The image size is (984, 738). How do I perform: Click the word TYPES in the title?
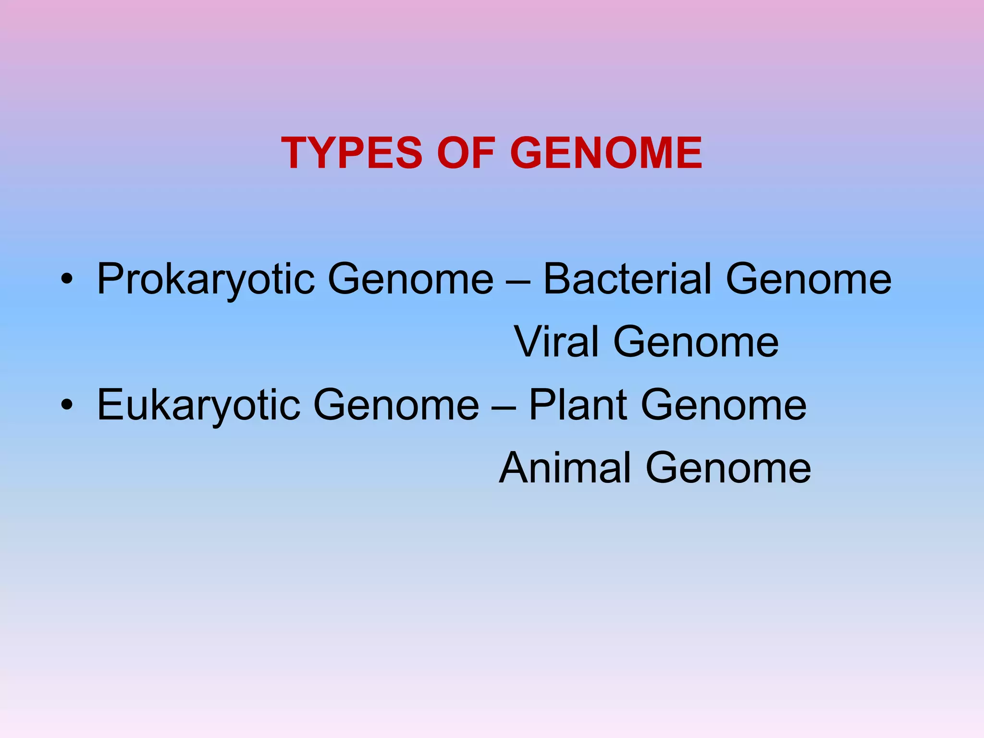[351, 153]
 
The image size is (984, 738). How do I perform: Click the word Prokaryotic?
[206, 280]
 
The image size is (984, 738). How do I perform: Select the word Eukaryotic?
[198, 405]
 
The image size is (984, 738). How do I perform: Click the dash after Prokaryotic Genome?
[518, 281]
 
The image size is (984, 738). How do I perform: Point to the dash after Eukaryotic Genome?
[504, 406]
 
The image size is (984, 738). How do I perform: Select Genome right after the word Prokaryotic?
[410, 280]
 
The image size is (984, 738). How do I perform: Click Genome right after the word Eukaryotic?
[396, 405]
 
